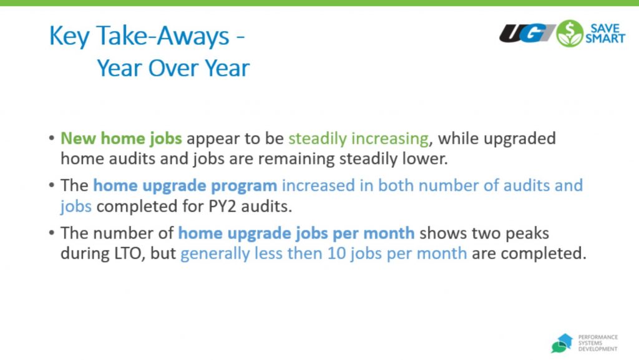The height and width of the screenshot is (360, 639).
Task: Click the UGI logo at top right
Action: click(x=527, y=34)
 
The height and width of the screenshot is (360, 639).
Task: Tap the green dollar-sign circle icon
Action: click(x=570, y=34)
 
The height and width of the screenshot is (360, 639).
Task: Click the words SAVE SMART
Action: click(x=605, y=34)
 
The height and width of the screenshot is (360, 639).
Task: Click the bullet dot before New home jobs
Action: click(x=51, y=138)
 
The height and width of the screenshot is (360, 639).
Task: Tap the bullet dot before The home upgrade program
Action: click(x=51, y=185)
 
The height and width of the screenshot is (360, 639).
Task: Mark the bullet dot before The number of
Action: click(x=51, y=233)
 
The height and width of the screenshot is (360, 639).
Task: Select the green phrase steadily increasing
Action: click(x=359, y=139)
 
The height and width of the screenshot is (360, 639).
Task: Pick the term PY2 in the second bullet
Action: click(x=222, y=207)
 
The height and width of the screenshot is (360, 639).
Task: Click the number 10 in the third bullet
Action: click(x=336, y=254)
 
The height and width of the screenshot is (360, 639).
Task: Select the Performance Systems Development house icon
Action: click(x=562, y=343)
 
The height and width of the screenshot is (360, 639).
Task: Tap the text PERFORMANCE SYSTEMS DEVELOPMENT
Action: click(x=598, y=343)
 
